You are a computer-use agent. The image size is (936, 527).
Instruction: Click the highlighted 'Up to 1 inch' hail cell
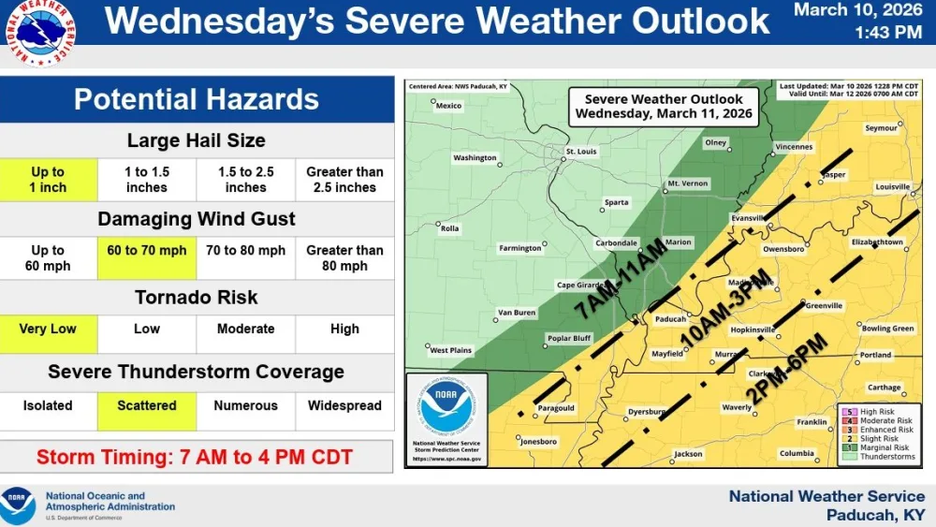click(x=48, y=180)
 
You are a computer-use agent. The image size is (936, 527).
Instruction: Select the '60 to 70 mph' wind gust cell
click(x=147, y=251)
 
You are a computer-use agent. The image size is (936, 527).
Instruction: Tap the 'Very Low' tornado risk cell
click(x=48, y=329)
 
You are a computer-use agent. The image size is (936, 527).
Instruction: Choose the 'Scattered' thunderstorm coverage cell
click(x=147, y=406)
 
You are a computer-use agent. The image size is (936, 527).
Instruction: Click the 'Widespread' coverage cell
click(x=344, y=406)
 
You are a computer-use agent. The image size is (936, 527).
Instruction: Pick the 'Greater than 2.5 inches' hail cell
click(x=344, y=180)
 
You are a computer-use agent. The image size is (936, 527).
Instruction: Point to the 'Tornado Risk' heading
click(x=197, y=298)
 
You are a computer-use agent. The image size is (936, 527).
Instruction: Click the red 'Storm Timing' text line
click(x=195, y=458)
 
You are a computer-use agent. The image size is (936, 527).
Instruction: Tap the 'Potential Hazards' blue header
click(x=197, y=99)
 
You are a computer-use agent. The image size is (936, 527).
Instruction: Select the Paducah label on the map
click(x=669, y=318)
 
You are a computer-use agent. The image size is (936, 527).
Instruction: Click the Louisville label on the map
click(x=892, y=187)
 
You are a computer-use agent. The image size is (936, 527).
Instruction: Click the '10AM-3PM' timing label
click(x=727, y=308)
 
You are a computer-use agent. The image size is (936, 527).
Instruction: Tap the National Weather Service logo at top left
click(x=43, y=34)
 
